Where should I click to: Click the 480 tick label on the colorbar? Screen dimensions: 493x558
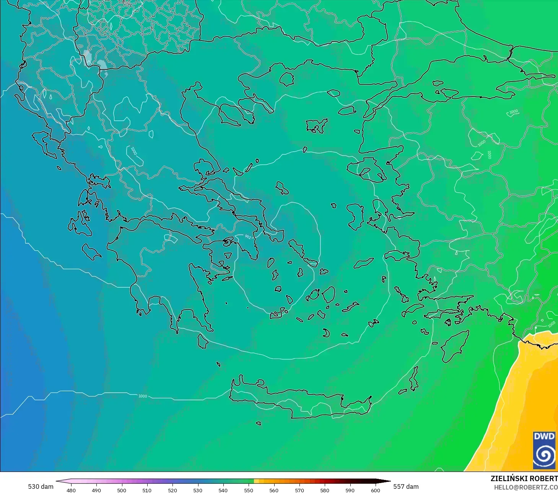pyautogui.click(x=71, y=490)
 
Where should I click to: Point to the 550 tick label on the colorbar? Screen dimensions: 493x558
pyautogui.click(x=249, y=490)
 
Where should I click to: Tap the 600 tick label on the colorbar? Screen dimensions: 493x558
pyautogui.click(x=375, y=490)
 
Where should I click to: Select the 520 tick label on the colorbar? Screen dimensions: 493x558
pyautogui.click(x=172, y=490)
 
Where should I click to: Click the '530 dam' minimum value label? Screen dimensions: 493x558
pyautogui.click(x=41, y=486)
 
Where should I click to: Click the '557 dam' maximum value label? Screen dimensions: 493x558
pyautogui.click(x=406, y=486)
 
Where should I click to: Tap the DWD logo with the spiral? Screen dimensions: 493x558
pyautogui.click(x=544, y=450)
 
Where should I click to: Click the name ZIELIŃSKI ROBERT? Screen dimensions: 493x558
pyautogui.click(x=524, y=478)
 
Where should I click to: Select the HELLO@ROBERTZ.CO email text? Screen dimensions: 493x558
pyautogui.click(x=525, y=487)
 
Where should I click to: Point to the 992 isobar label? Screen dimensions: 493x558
pyautogui.click(x=248, y=237)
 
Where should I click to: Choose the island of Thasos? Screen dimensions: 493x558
pyautogui.click(x=286, y=79)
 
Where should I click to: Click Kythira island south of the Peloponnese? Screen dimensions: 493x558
pyautogui.click(x=203, y=341)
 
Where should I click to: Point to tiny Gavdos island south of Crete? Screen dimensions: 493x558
pyautogui.click(x=259, y=423)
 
